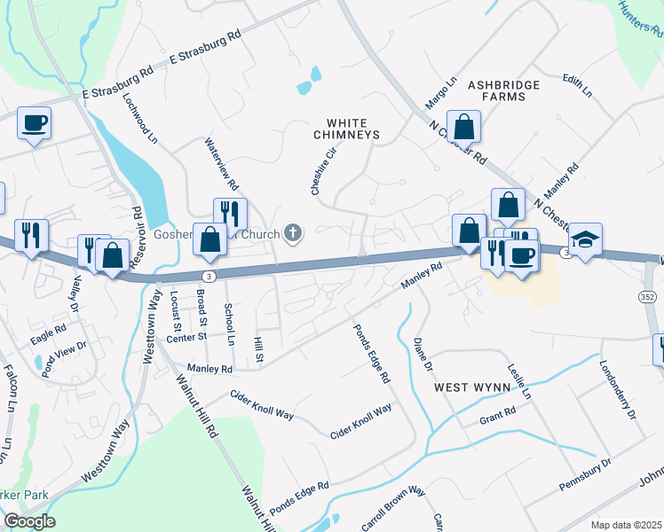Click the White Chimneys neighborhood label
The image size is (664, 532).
(346, 129)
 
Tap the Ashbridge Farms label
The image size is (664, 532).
(504, 90)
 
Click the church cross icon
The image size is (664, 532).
(294, 234)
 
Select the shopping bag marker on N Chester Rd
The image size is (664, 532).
(463, 127)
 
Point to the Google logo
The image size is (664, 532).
(29, 521)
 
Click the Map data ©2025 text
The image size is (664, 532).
(627, 525)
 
